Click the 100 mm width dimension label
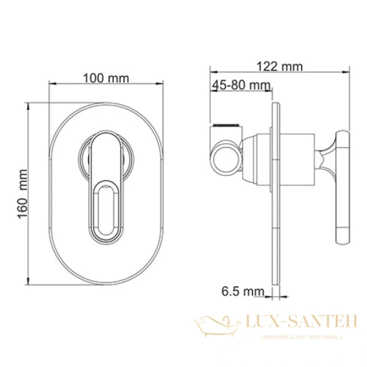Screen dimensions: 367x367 (x=106, y=78)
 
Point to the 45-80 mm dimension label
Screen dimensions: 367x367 (x=242, y=85)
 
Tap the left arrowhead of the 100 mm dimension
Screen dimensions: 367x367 (x=51, y=83)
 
